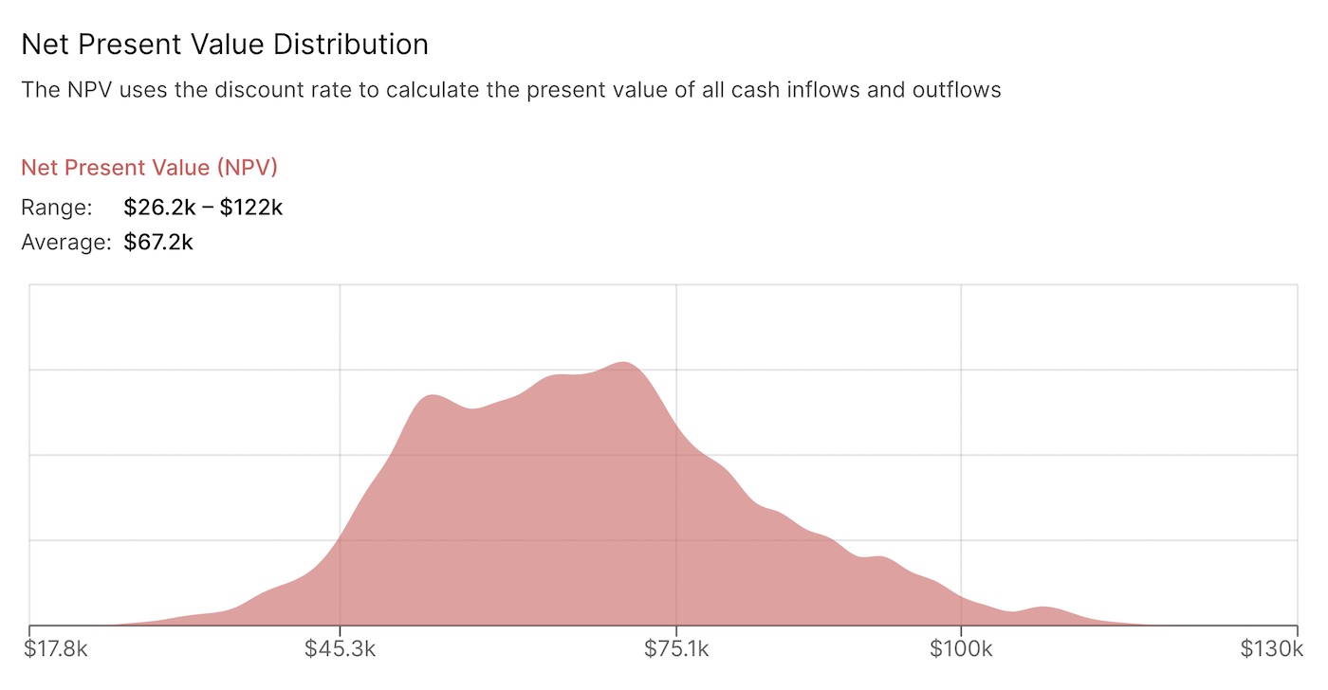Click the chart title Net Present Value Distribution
[224, 45]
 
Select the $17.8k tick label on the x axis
[57, 649]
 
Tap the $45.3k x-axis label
[339, 649]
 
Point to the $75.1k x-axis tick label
[675, 649]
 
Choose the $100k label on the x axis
[961, 649]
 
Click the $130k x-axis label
[1271, 649]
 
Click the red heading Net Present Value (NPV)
[149, 168]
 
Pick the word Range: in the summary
[57, 208]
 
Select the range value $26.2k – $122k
[203, 208]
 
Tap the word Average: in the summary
[66, 243]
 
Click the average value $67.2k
[158, 243]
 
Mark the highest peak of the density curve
[622, 363]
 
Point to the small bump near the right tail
[1042, 608]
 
